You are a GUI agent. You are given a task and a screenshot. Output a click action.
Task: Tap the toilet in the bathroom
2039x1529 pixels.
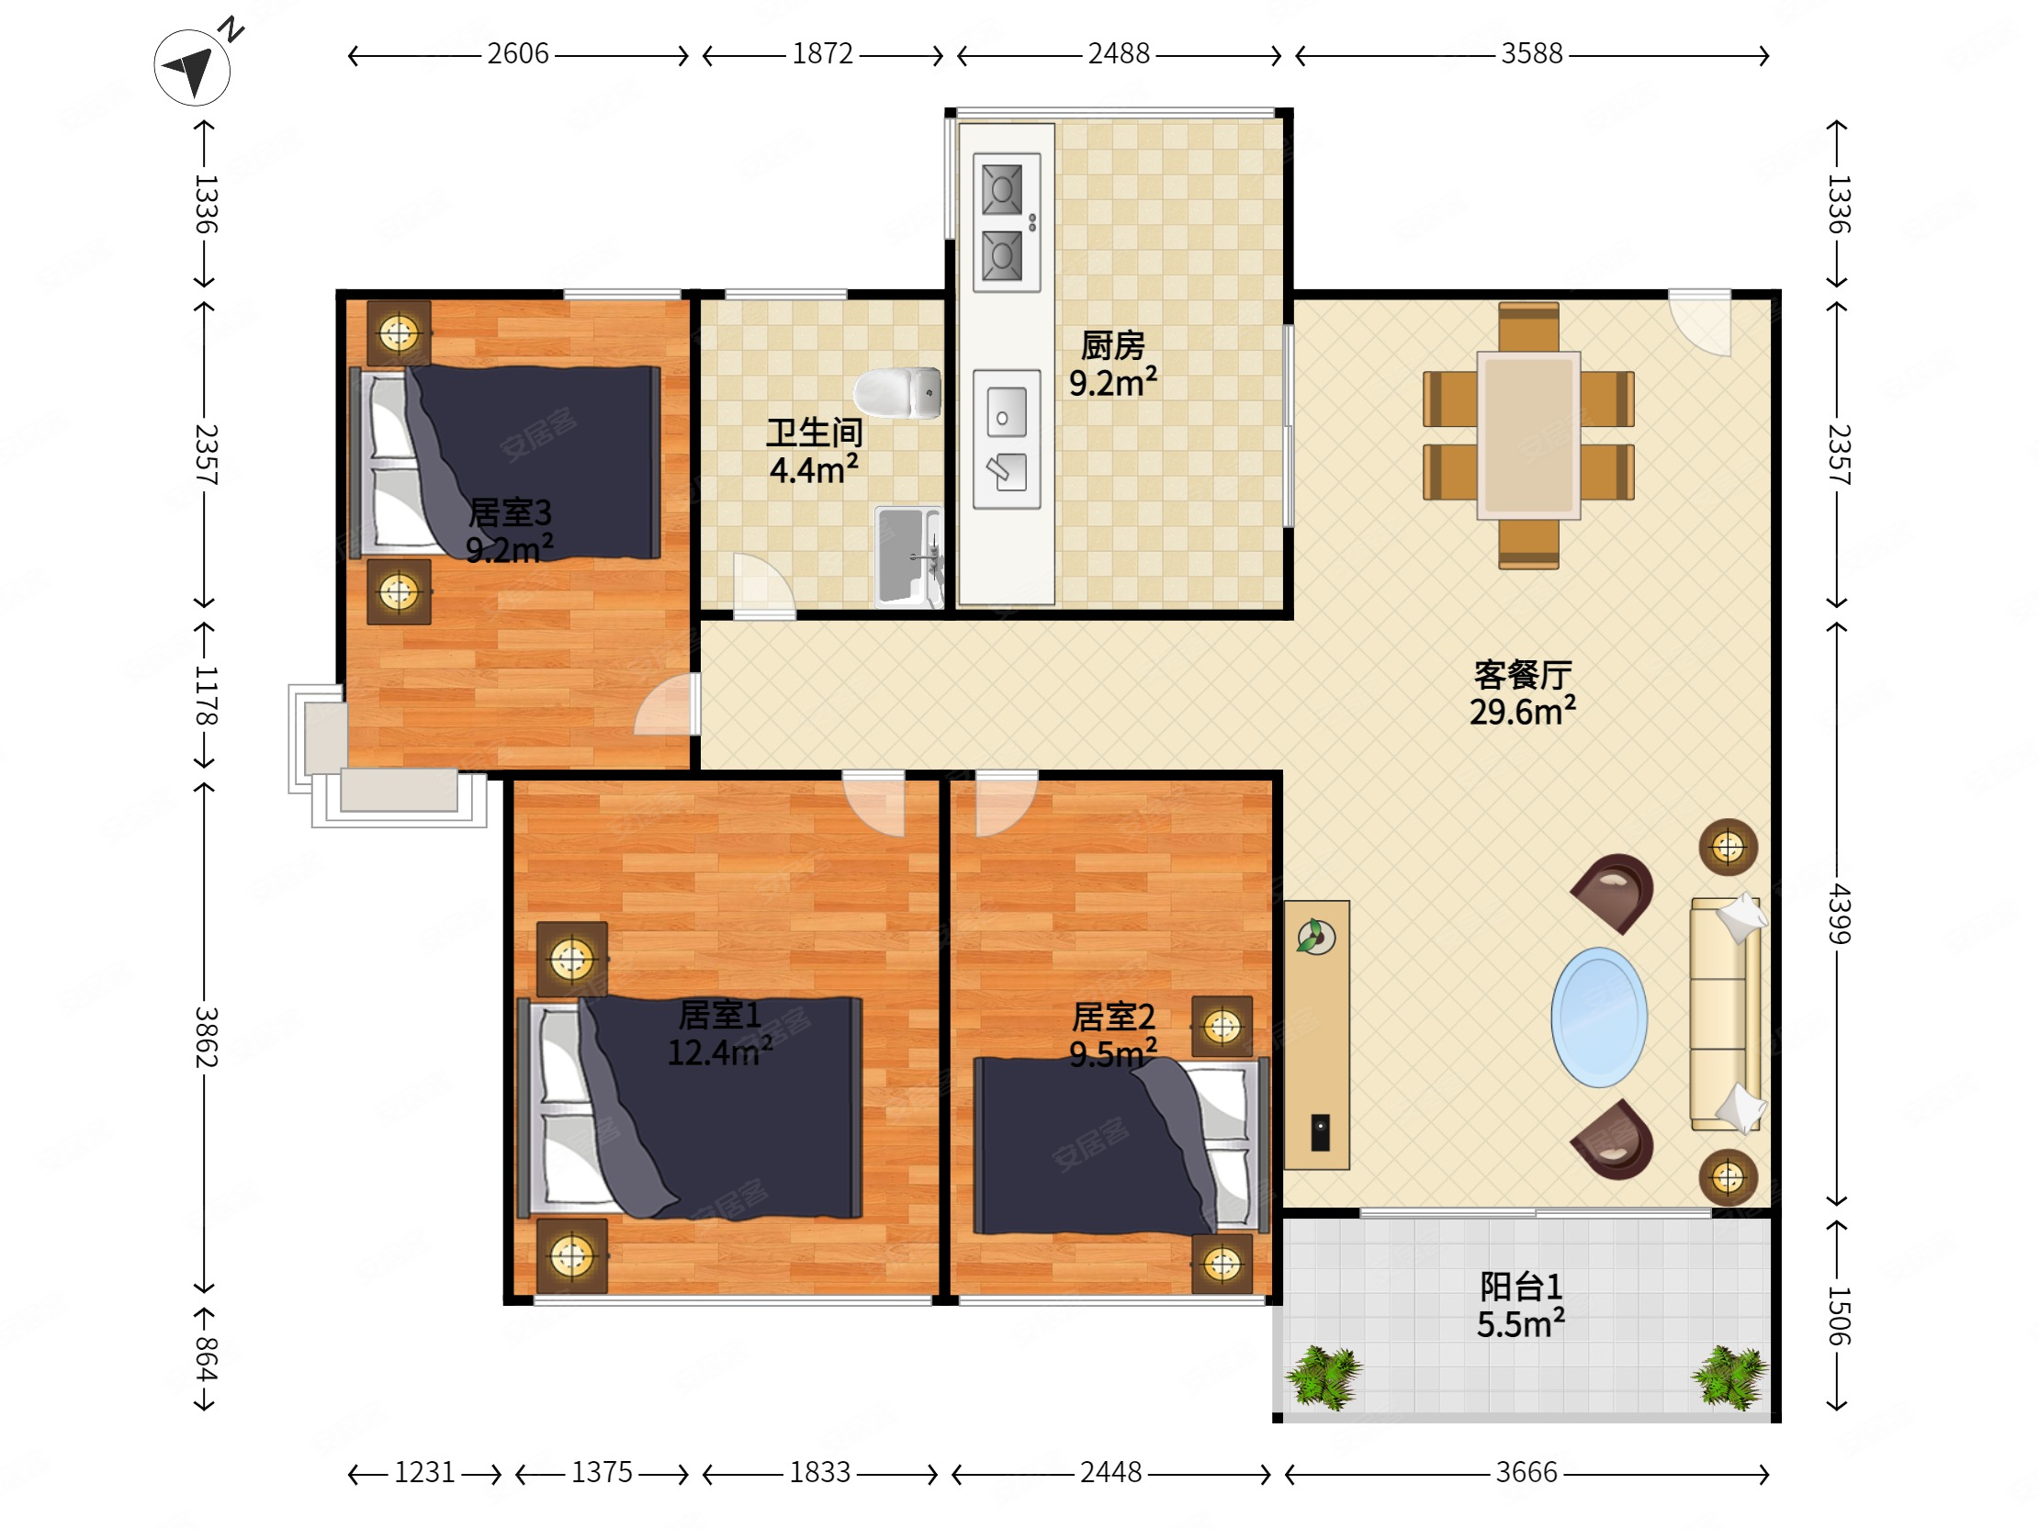897,393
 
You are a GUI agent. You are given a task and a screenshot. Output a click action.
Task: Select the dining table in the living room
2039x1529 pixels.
1528,435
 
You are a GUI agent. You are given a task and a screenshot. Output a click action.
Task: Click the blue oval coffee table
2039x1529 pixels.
1599,1017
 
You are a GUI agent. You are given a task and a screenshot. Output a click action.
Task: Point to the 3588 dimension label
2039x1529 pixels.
1532,54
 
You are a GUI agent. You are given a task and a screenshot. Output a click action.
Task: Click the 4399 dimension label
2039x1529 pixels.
1838,914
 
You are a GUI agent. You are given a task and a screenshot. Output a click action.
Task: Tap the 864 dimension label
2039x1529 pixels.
206,1358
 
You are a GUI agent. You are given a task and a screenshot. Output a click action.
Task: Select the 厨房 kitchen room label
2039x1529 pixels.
1112,345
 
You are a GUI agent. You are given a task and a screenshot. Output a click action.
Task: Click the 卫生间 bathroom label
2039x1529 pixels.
815,433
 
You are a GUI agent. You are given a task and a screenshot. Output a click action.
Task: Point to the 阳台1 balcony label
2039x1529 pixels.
1521,1287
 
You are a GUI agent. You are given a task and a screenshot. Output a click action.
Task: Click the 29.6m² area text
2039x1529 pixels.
1523,712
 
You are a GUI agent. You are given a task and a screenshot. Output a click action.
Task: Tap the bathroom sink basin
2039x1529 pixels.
908,556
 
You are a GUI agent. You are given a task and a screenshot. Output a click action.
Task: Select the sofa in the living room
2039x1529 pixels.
1726,1014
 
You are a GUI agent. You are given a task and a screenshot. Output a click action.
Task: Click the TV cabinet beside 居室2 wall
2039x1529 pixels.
1316,1035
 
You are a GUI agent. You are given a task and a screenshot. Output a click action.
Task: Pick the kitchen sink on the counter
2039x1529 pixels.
1007,440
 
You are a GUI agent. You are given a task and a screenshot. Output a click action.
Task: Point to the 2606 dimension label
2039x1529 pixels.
518,54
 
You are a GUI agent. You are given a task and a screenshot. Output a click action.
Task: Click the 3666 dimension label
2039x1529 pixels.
1526,1473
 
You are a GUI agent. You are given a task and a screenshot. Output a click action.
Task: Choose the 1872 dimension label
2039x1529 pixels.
823,54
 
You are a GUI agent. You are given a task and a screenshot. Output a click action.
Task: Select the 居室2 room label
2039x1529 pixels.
1113,1017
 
